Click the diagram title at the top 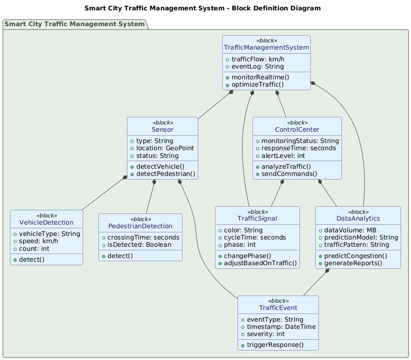tap(202, 8)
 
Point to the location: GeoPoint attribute tap(166, 148)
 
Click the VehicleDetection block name tap(47, 222)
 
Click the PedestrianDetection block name tap(140, 226)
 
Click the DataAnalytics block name tap(358, 218)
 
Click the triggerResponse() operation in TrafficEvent tap(281, 345)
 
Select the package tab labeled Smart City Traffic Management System tap(75, 24)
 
